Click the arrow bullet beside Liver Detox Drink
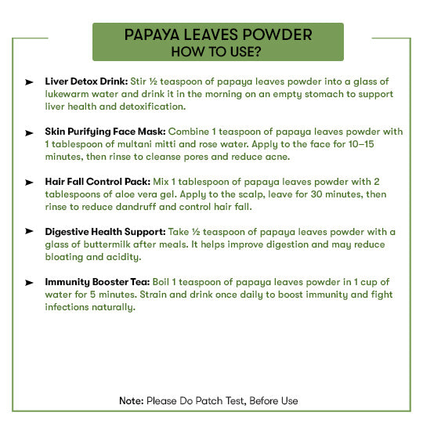[x=29, y=82]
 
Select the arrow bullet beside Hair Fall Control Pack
[x=29, y=182]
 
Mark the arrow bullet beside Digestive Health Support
[x=29, y=232]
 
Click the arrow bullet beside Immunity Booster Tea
[x=29, y=282]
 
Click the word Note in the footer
[x=131, y=401]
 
